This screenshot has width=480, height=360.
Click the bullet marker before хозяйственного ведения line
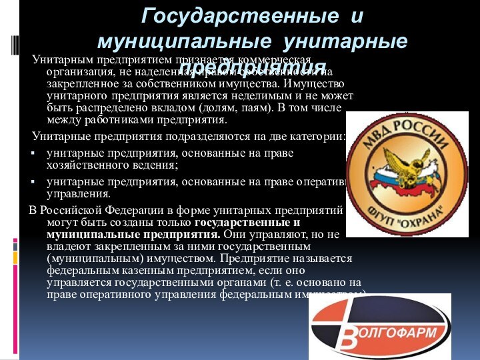coord(33,153)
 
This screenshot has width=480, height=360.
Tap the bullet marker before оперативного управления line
coord(33,183)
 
